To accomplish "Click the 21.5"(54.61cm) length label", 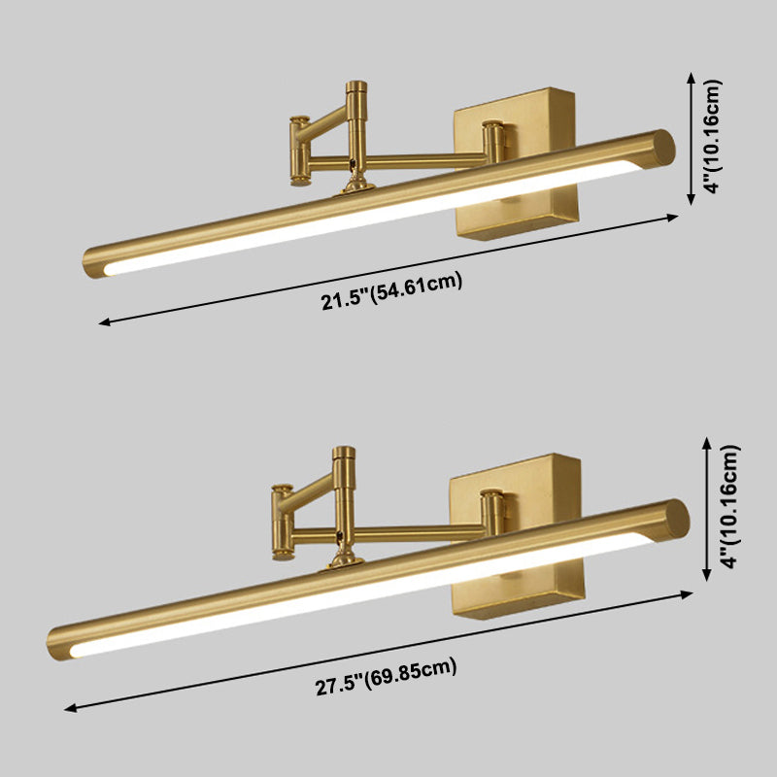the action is (391, 290).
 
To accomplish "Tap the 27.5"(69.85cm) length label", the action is (386, 677).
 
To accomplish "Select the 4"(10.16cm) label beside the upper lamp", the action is (714, 136).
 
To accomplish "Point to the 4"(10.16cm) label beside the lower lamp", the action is (731, 506).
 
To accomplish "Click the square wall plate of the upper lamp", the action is (517, 164).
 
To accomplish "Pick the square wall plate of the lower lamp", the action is (518, 536).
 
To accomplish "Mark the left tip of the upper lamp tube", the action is (84, 263).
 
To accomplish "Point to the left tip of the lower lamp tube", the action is (48, 646).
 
